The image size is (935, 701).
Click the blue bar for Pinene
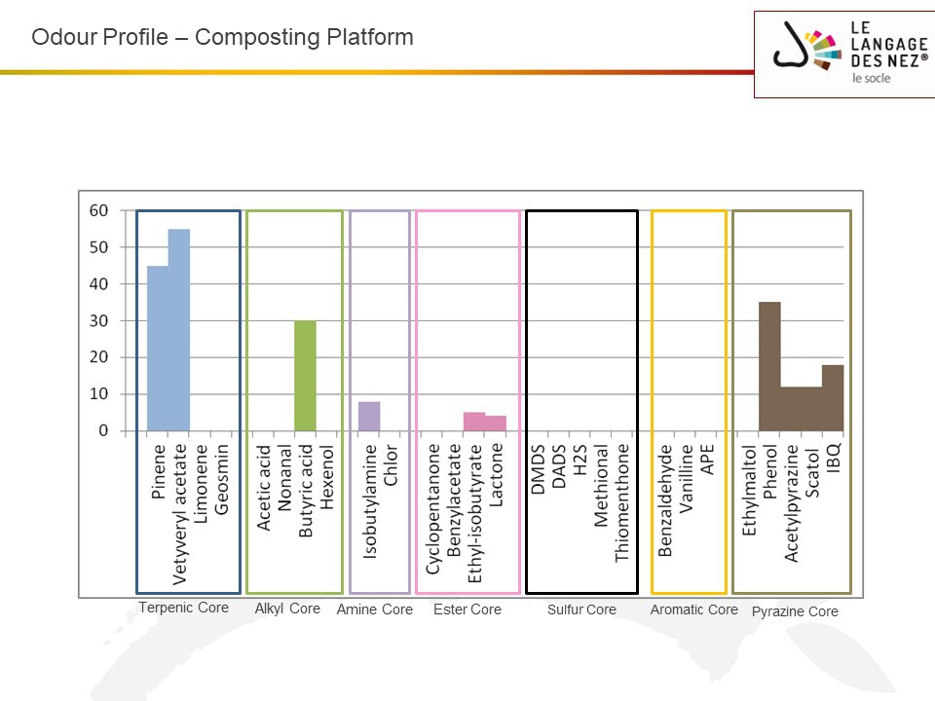pyautogui.click(x=158, y=349)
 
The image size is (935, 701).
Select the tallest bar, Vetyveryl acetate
pyautogui.click(x=179, y=330)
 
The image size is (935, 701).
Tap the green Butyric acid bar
pyautogui.click(x=305, y=376)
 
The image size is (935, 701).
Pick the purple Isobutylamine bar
pyautogui.click(x=369, y=416)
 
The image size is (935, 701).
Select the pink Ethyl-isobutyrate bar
pyautogui.click(x=474, y=422)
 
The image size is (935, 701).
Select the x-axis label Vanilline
pyautogui.click(x=687, y=479)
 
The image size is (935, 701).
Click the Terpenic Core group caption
pyautogui.click(x=183, y=608)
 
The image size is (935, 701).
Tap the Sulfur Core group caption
pyautogui.click(x=581, y=609)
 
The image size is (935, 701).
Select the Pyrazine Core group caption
pyautogui.click(x=795, y=612)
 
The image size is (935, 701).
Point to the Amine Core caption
pyautogui.click(x=374, y=609)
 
